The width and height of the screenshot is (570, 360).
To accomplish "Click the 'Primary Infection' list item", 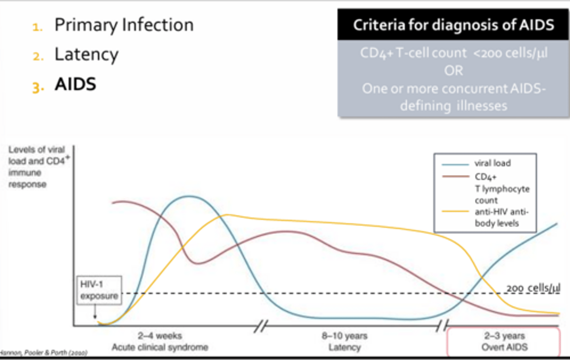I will [x=123, y=25].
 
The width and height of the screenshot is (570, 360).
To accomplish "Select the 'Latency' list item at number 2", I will [x=86, y=55].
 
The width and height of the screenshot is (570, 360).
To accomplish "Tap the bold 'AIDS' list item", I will [x=75, y=84].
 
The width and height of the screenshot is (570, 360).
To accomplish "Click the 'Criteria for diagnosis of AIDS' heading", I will [x=453, y=25].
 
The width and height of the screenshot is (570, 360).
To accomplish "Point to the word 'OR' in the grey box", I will [x=453, y=71].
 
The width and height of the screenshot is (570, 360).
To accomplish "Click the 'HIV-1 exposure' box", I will [x=99, y=290].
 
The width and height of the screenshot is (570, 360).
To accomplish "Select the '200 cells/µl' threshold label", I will [x=533, y=288].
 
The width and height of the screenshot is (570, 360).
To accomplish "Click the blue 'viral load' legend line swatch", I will [x=455, y=164].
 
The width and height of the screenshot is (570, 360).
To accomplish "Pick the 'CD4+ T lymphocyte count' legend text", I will [x=502, y=189].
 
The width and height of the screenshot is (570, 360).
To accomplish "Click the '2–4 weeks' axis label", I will [x=160, y=336].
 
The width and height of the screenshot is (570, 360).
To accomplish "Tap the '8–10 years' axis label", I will [x=344, y=336].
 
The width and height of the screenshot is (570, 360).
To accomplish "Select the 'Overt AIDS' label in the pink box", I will [x=504, y=347].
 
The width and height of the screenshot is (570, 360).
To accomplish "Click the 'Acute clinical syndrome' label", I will [x=160, y=347].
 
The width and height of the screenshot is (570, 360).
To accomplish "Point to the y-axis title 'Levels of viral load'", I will [x=36, y=155].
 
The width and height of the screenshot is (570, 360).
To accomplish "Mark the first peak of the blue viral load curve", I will [x=189, y=196].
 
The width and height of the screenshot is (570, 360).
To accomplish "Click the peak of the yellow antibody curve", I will [x=226, y=215].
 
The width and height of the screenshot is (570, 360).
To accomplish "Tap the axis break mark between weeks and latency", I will [x=260, y=326].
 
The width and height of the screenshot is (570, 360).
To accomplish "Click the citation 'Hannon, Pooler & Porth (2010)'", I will [x=44, y=352].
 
